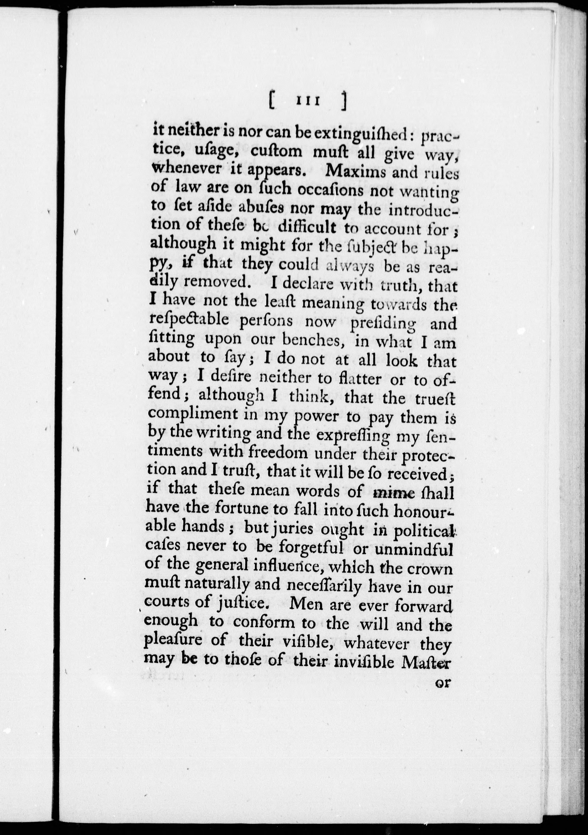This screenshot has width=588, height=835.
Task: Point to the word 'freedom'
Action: (x=278, y=453)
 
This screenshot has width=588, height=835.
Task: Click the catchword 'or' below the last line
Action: (x=443, y=683)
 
